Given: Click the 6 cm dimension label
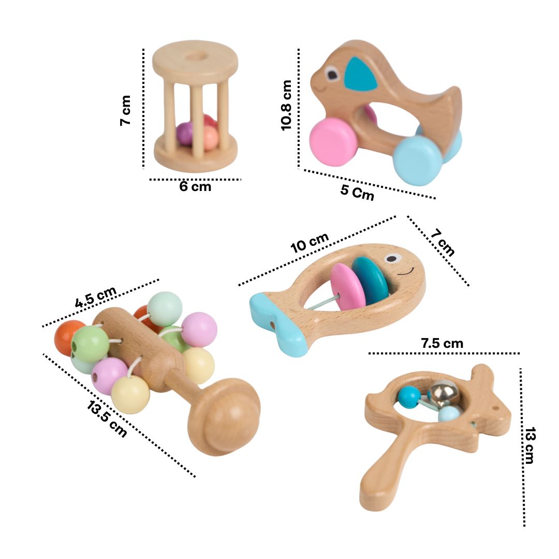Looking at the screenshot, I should [x=195, y=187].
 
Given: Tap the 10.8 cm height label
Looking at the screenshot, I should [x=287, y=105].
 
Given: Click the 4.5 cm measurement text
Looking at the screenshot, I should [x=96, y=297].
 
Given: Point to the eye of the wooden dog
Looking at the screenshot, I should [x=332, y=76].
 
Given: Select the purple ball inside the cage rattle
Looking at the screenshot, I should [x=184, y=134].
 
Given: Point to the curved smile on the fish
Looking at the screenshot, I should [x=407, y=271].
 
